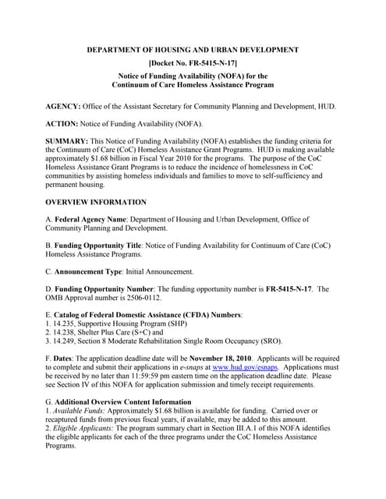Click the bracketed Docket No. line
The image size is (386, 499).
click(x=193, y=62)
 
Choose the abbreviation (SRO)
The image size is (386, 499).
click(x=266, y=341)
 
